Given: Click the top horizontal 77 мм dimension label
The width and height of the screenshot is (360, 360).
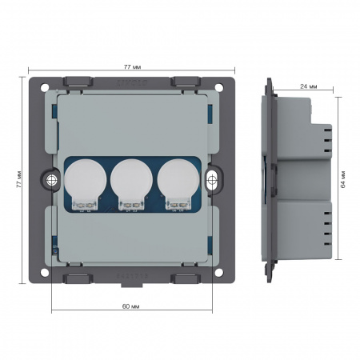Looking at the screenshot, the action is click(132, 66).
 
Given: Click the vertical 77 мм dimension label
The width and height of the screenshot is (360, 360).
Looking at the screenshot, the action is click(19, 179).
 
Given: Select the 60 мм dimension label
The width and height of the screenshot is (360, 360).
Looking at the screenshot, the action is click(130, 306).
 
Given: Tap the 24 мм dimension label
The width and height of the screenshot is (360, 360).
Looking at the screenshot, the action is click(309, 86).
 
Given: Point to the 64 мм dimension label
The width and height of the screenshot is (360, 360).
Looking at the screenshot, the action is click(343, 179).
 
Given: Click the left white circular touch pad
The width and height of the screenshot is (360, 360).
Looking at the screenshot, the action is click(86, 179).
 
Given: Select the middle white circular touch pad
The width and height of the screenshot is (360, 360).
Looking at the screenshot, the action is click(131, 179).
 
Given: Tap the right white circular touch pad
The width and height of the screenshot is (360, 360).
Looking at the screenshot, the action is click(178, 179).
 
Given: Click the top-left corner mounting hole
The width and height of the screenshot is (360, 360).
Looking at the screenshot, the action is click(45, 87).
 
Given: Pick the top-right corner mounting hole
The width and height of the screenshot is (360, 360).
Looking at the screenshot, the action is click(219, 87).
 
